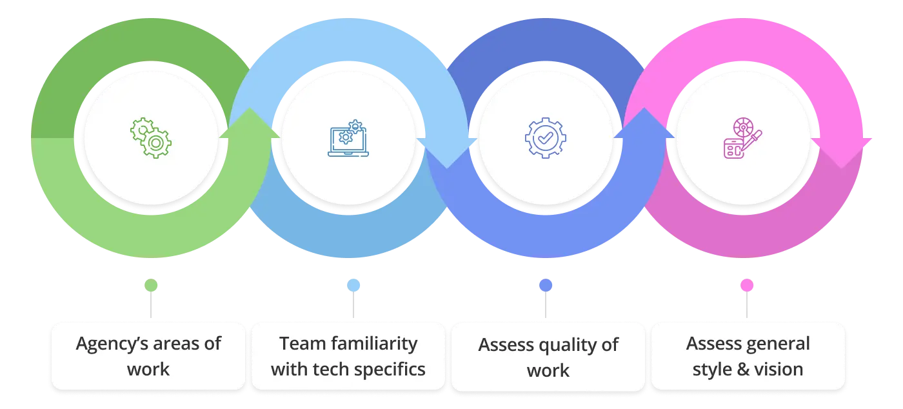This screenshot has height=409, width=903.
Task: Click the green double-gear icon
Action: click(151, 138)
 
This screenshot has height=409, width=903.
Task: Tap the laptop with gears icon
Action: click(348, 138)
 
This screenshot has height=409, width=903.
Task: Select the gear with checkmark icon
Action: click(546, 137)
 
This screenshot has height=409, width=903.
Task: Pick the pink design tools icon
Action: click(742, 138)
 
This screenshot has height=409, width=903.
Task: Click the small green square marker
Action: click(152, 286)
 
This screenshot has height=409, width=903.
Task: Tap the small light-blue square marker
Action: click(353, 286)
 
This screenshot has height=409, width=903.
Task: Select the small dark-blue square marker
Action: click(544, 286)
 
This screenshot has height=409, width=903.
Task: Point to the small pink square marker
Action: click(746, 286)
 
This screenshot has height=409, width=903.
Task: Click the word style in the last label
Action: click(711, 369)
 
